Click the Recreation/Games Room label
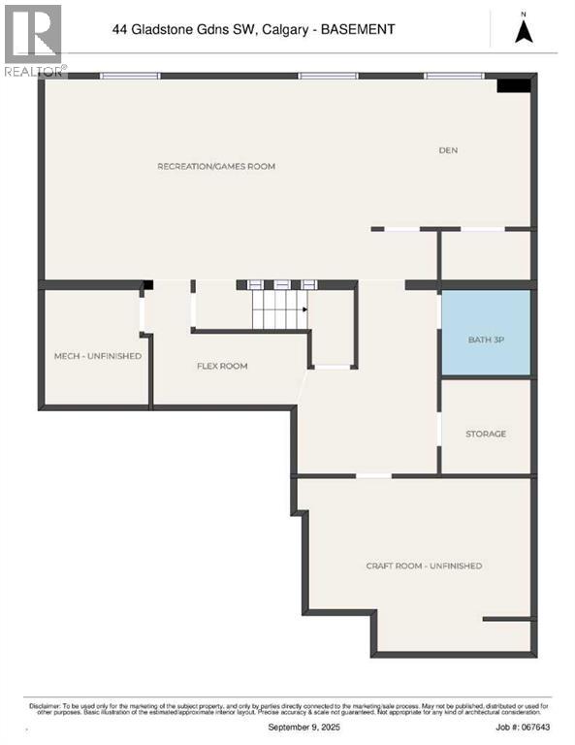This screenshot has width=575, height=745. [x=216, y=166]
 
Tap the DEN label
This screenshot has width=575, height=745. [x=447, y=149]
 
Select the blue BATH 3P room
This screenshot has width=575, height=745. [x=486, y=334]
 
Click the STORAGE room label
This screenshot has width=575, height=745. [x=485, y=434]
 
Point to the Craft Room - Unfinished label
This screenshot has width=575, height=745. [x=424, y=566]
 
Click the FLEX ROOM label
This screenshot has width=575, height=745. [x=222, y=366]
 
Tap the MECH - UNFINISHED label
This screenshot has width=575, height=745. [x=97, y=356]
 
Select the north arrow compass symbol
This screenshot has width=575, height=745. [x=524, y=32]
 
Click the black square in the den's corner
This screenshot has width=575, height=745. [x=513, y=85]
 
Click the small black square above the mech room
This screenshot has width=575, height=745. [x=148, y=285]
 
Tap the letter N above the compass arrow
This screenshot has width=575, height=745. [x=524, y=13]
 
